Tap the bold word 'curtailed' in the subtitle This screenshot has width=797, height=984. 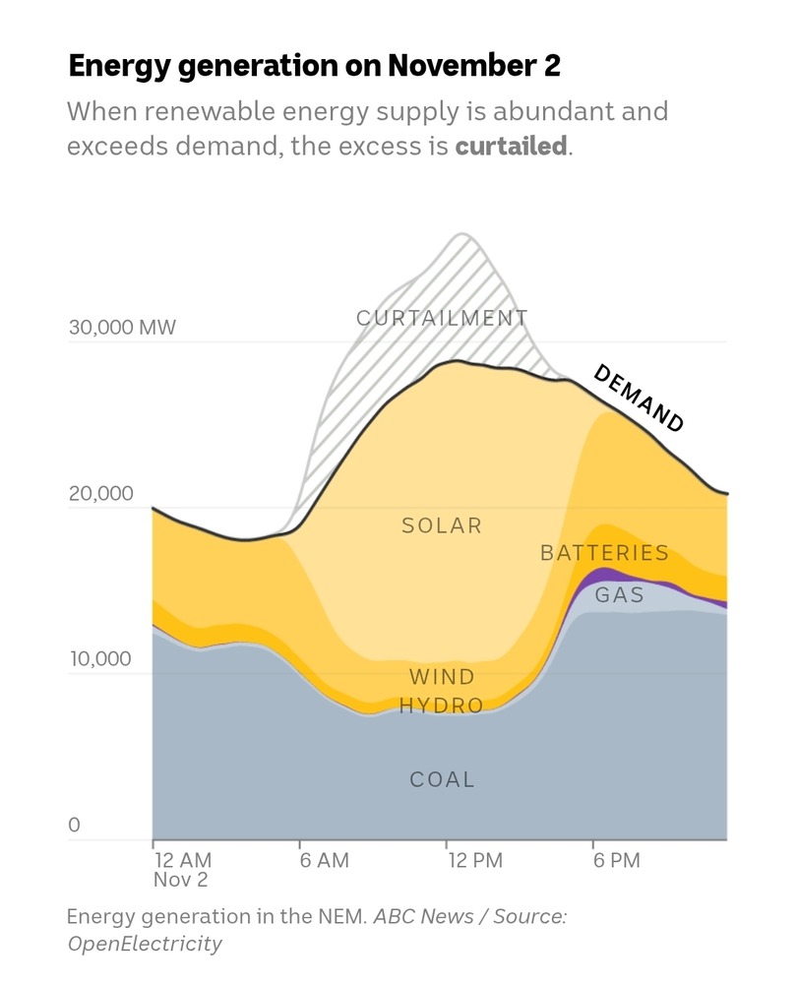tap(511, 147)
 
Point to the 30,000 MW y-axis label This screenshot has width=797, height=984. tap(122, 327)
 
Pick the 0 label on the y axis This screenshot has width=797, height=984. tap(74, 825)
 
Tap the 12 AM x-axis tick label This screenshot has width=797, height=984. tap(182, 861)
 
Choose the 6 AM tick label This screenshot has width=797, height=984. tap(325, 861)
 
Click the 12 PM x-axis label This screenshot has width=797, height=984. tap(474, 861)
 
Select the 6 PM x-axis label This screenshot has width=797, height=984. tap(617, 861)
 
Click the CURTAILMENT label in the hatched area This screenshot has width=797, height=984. tap(442, 318)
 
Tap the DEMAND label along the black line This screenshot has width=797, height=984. tap(639, 398)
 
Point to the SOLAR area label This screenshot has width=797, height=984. tap(442, 525)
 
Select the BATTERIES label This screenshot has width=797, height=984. tap(604, 553)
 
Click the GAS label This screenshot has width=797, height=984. tap(620, 594)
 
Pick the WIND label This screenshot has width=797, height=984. tap(442, 677)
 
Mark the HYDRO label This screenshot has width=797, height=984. tap(442, 706)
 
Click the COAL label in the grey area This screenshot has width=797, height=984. tap(442, 779)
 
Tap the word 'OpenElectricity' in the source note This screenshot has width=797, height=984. tap(145, 944)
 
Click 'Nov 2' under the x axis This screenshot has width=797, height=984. tap(180, 880)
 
